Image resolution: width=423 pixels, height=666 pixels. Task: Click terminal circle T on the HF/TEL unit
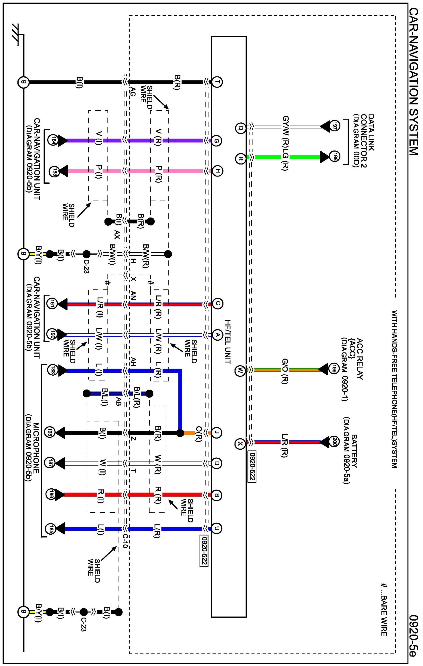point(217,82)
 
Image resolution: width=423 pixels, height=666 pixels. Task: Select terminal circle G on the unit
point(217,141)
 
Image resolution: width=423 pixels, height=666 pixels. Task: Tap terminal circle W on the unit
point(240,370)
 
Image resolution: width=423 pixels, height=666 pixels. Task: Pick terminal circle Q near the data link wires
point(240,128)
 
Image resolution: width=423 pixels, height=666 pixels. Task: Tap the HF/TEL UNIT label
point(228,342)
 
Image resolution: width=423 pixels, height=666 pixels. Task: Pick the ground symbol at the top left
point(17,35)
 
